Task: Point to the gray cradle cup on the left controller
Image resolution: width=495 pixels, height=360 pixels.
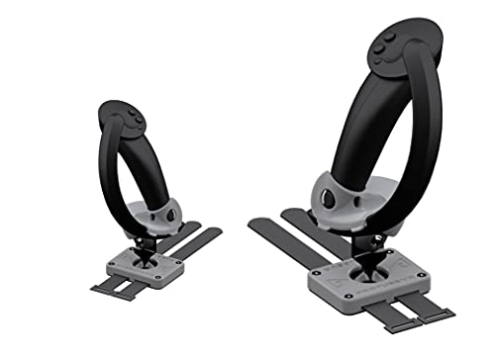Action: [154, 212]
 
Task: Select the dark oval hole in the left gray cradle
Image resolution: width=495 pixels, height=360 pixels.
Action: [170, 214]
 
